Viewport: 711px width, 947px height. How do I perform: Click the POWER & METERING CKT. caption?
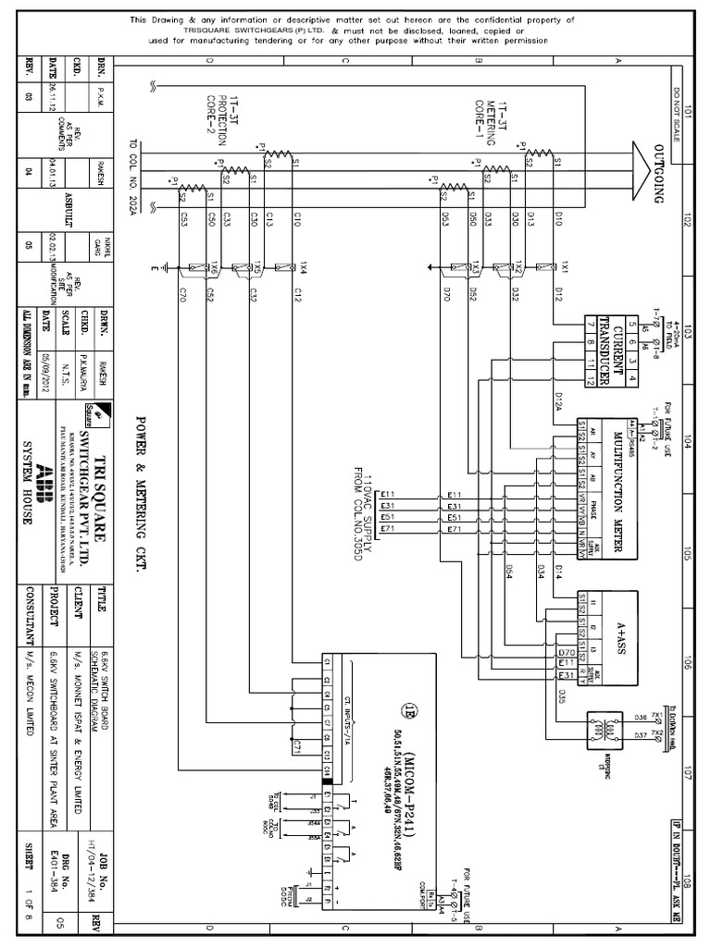click(x=143, y=489)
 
